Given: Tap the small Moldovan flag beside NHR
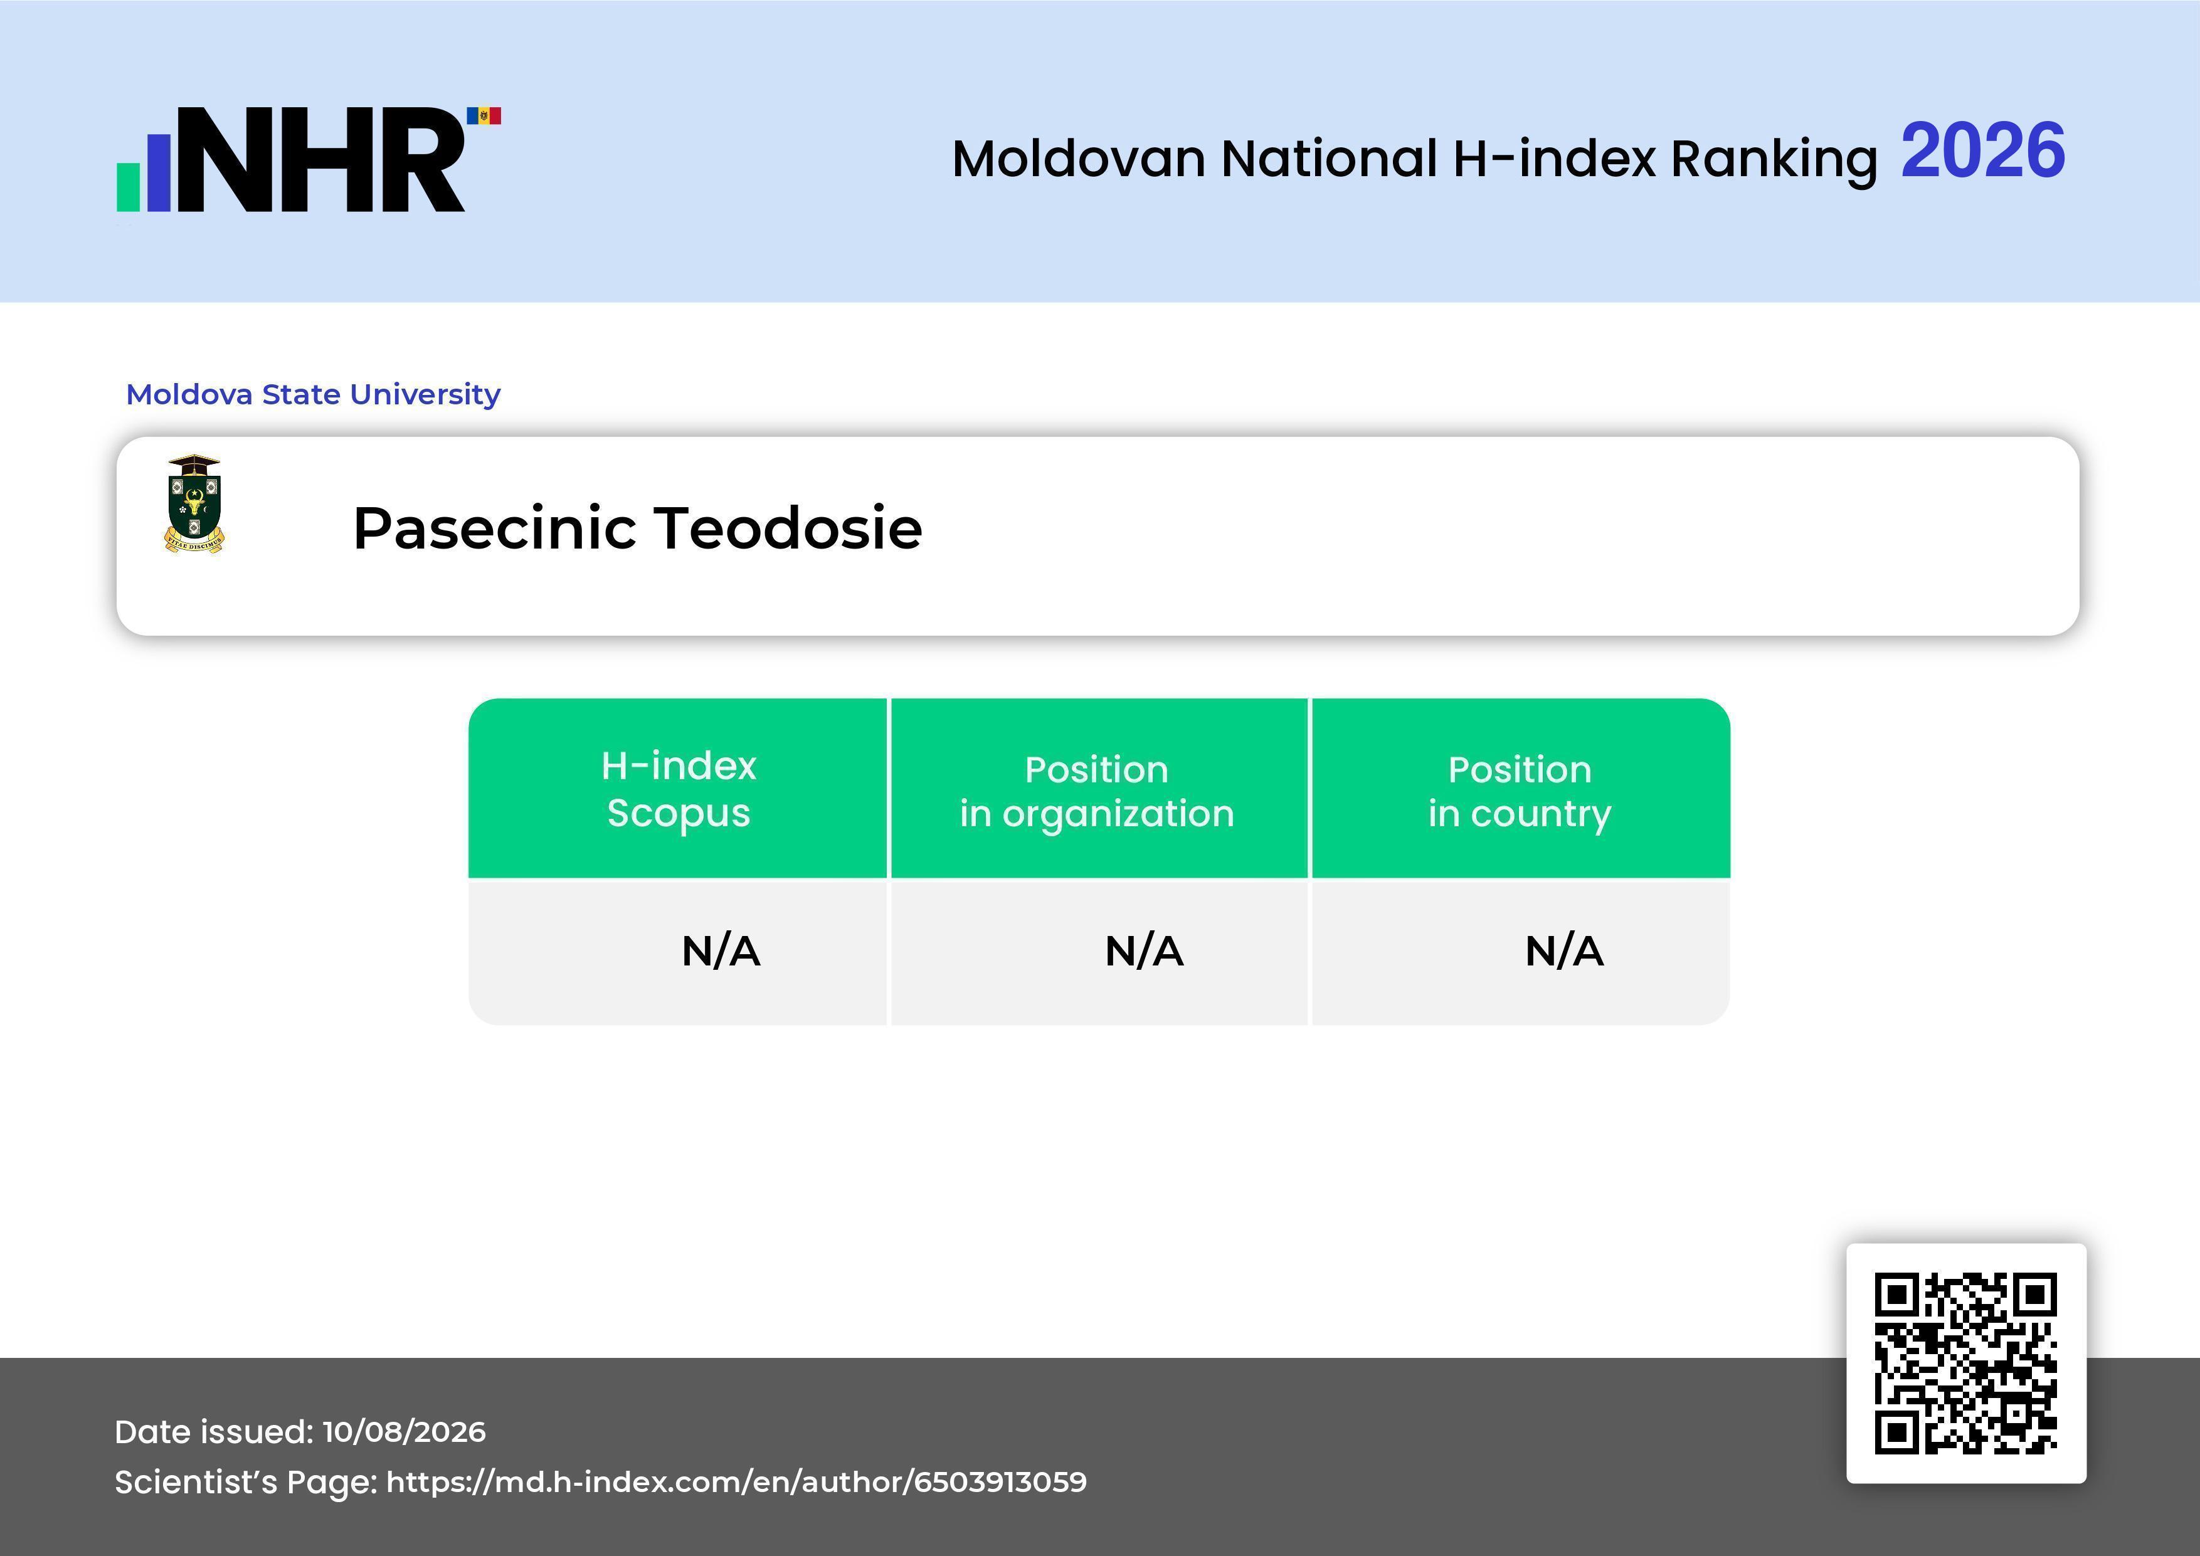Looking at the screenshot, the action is pyautogui.click(x=484, y=116).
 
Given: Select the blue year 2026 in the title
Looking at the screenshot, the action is pyautogui.click(x=1982, y=151).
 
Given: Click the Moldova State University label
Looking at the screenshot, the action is pyautogui.click(x=314, y=394).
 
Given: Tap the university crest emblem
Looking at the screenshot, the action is pyautogui.click(x=194, y=504).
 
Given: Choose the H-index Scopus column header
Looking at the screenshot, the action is pyautogui.click(x=679, y=789).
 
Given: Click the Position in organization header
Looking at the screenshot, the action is pyautogui.click(x=1097, y=791).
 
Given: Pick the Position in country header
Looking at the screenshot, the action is pyautogui.click(x=1520, y=791).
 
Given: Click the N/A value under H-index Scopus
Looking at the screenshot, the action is pyautogui.click(x=721, y=952).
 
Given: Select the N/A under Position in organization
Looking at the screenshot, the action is pyautogui.click(x=1144, y=952).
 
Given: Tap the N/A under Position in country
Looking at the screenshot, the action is pyautogui.click(x=1563, y=952).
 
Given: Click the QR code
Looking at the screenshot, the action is pyautogui.click(x=1966, y=1364).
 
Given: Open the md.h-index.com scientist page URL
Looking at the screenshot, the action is pyautogui.click(x=736, y=1482).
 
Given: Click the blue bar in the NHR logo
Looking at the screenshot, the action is pyautogui.click(x=158, y=172).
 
